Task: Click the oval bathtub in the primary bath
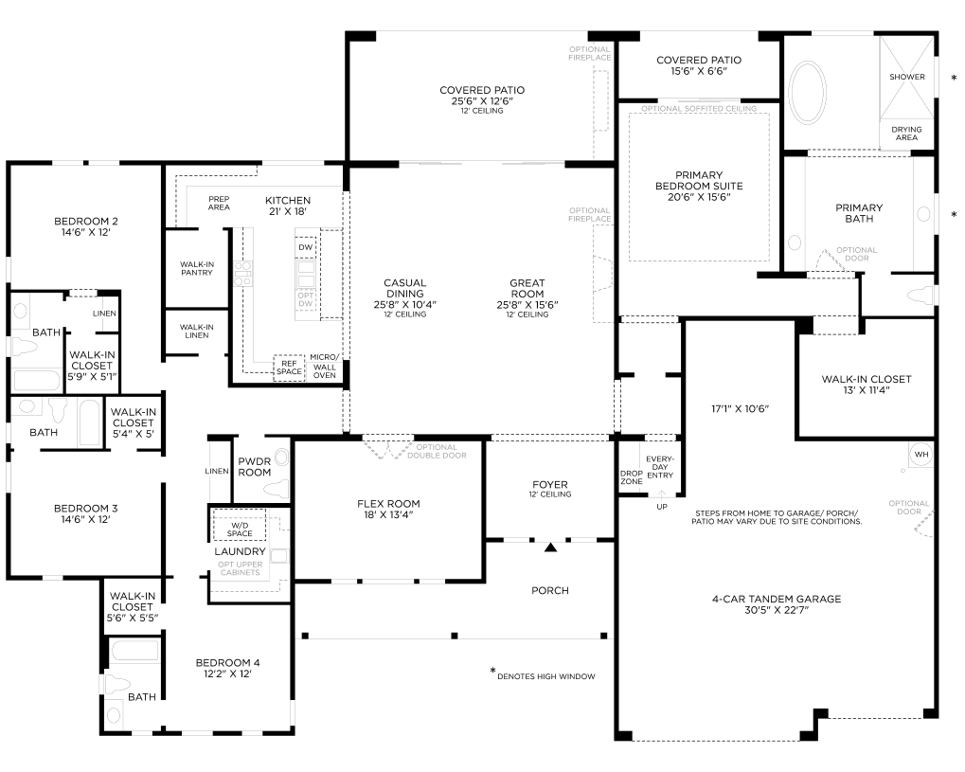(807, 92)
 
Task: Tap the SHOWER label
(906, 77)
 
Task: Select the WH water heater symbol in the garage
(921, 455)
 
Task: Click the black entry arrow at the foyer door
(550, 547)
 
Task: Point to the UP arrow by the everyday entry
(662, 495)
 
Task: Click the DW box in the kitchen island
(305, 247)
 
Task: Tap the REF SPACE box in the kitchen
(289, 368)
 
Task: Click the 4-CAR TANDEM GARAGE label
(776, 599)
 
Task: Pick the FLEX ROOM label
(388, 504)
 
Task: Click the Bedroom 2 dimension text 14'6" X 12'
(85, 233)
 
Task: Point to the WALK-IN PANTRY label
(197, 268)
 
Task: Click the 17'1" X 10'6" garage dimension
(741, 409)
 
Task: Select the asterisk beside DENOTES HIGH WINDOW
(492, 671)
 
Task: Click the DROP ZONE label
(632, 477)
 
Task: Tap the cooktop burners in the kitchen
(243, 274)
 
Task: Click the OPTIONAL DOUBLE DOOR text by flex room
(437, 451)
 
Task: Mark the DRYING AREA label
(906, 134)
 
